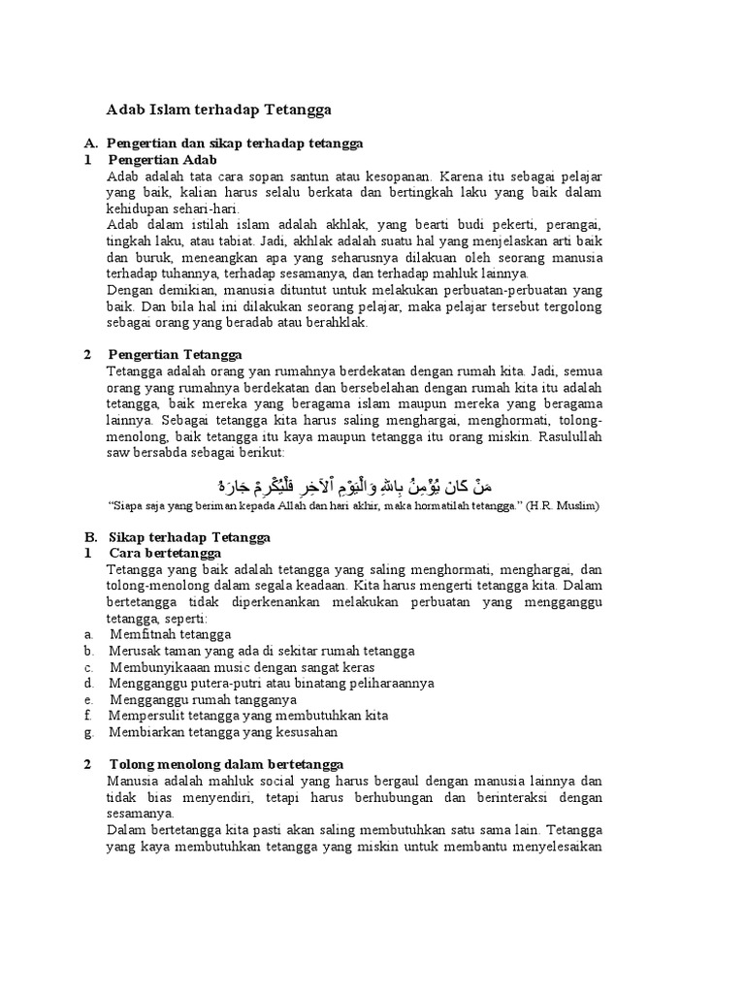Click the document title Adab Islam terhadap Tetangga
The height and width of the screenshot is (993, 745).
pos(218,111)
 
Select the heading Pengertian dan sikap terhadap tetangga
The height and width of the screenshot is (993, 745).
pos(235,143)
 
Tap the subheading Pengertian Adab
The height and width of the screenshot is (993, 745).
pos(163,159)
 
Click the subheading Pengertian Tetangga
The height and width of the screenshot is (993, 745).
pos(175,354)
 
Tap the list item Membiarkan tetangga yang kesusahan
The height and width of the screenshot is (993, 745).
pos(223,731)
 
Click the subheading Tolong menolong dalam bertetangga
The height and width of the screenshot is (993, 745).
pos(226,764)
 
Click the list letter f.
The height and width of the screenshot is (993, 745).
pos(87,716)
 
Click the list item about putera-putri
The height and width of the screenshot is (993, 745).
pos(272,683)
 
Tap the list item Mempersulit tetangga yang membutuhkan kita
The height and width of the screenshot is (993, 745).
pos(249,716)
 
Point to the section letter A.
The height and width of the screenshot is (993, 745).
pos(89,143)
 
